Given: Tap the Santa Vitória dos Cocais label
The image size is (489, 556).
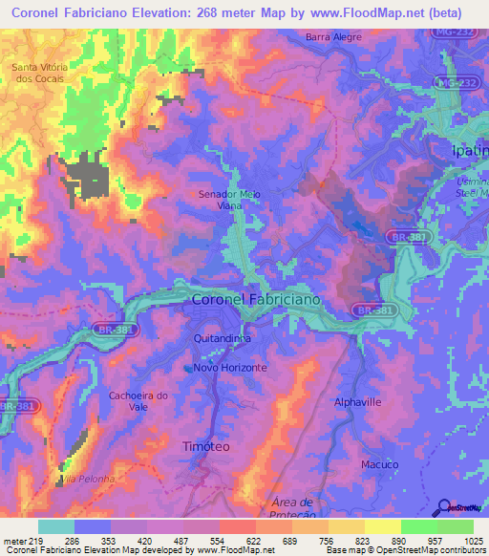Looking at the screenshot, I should point(37,73).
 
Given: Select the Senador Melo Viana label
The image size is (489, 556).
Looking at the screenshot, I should point(228,198).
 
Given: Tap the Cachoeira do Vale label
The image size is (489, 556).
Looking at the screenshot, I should point(138,400).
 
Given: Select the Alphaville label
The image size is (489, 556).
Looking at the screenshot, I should point(358,403).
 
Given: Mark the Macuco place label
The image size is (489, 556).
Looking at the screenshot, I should point(379,464).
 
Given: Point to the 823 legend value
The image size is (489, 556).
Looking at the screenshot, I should point(347,542).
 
